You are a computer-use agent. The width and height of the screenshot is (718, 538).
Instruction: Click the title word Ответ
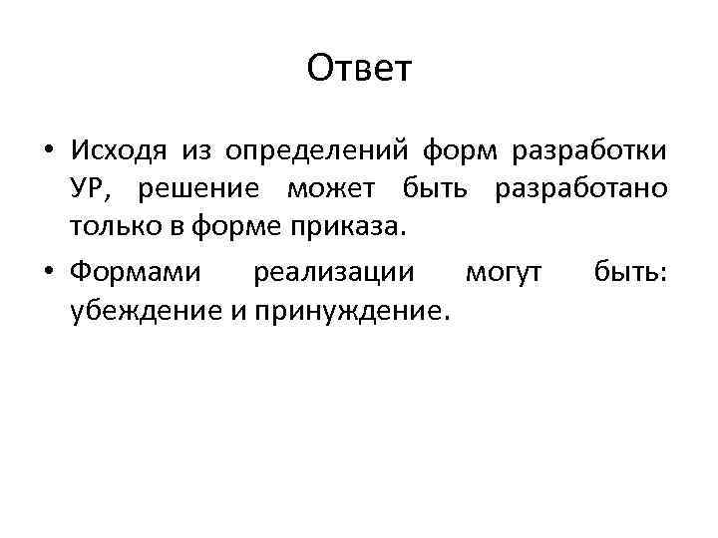(359, 69)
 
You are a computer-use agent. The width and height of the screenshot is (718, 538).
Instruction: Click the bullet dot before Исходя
(48, 150)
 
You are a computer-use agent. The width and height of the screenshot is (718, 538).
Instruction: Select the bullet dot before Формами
(48, 272)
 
